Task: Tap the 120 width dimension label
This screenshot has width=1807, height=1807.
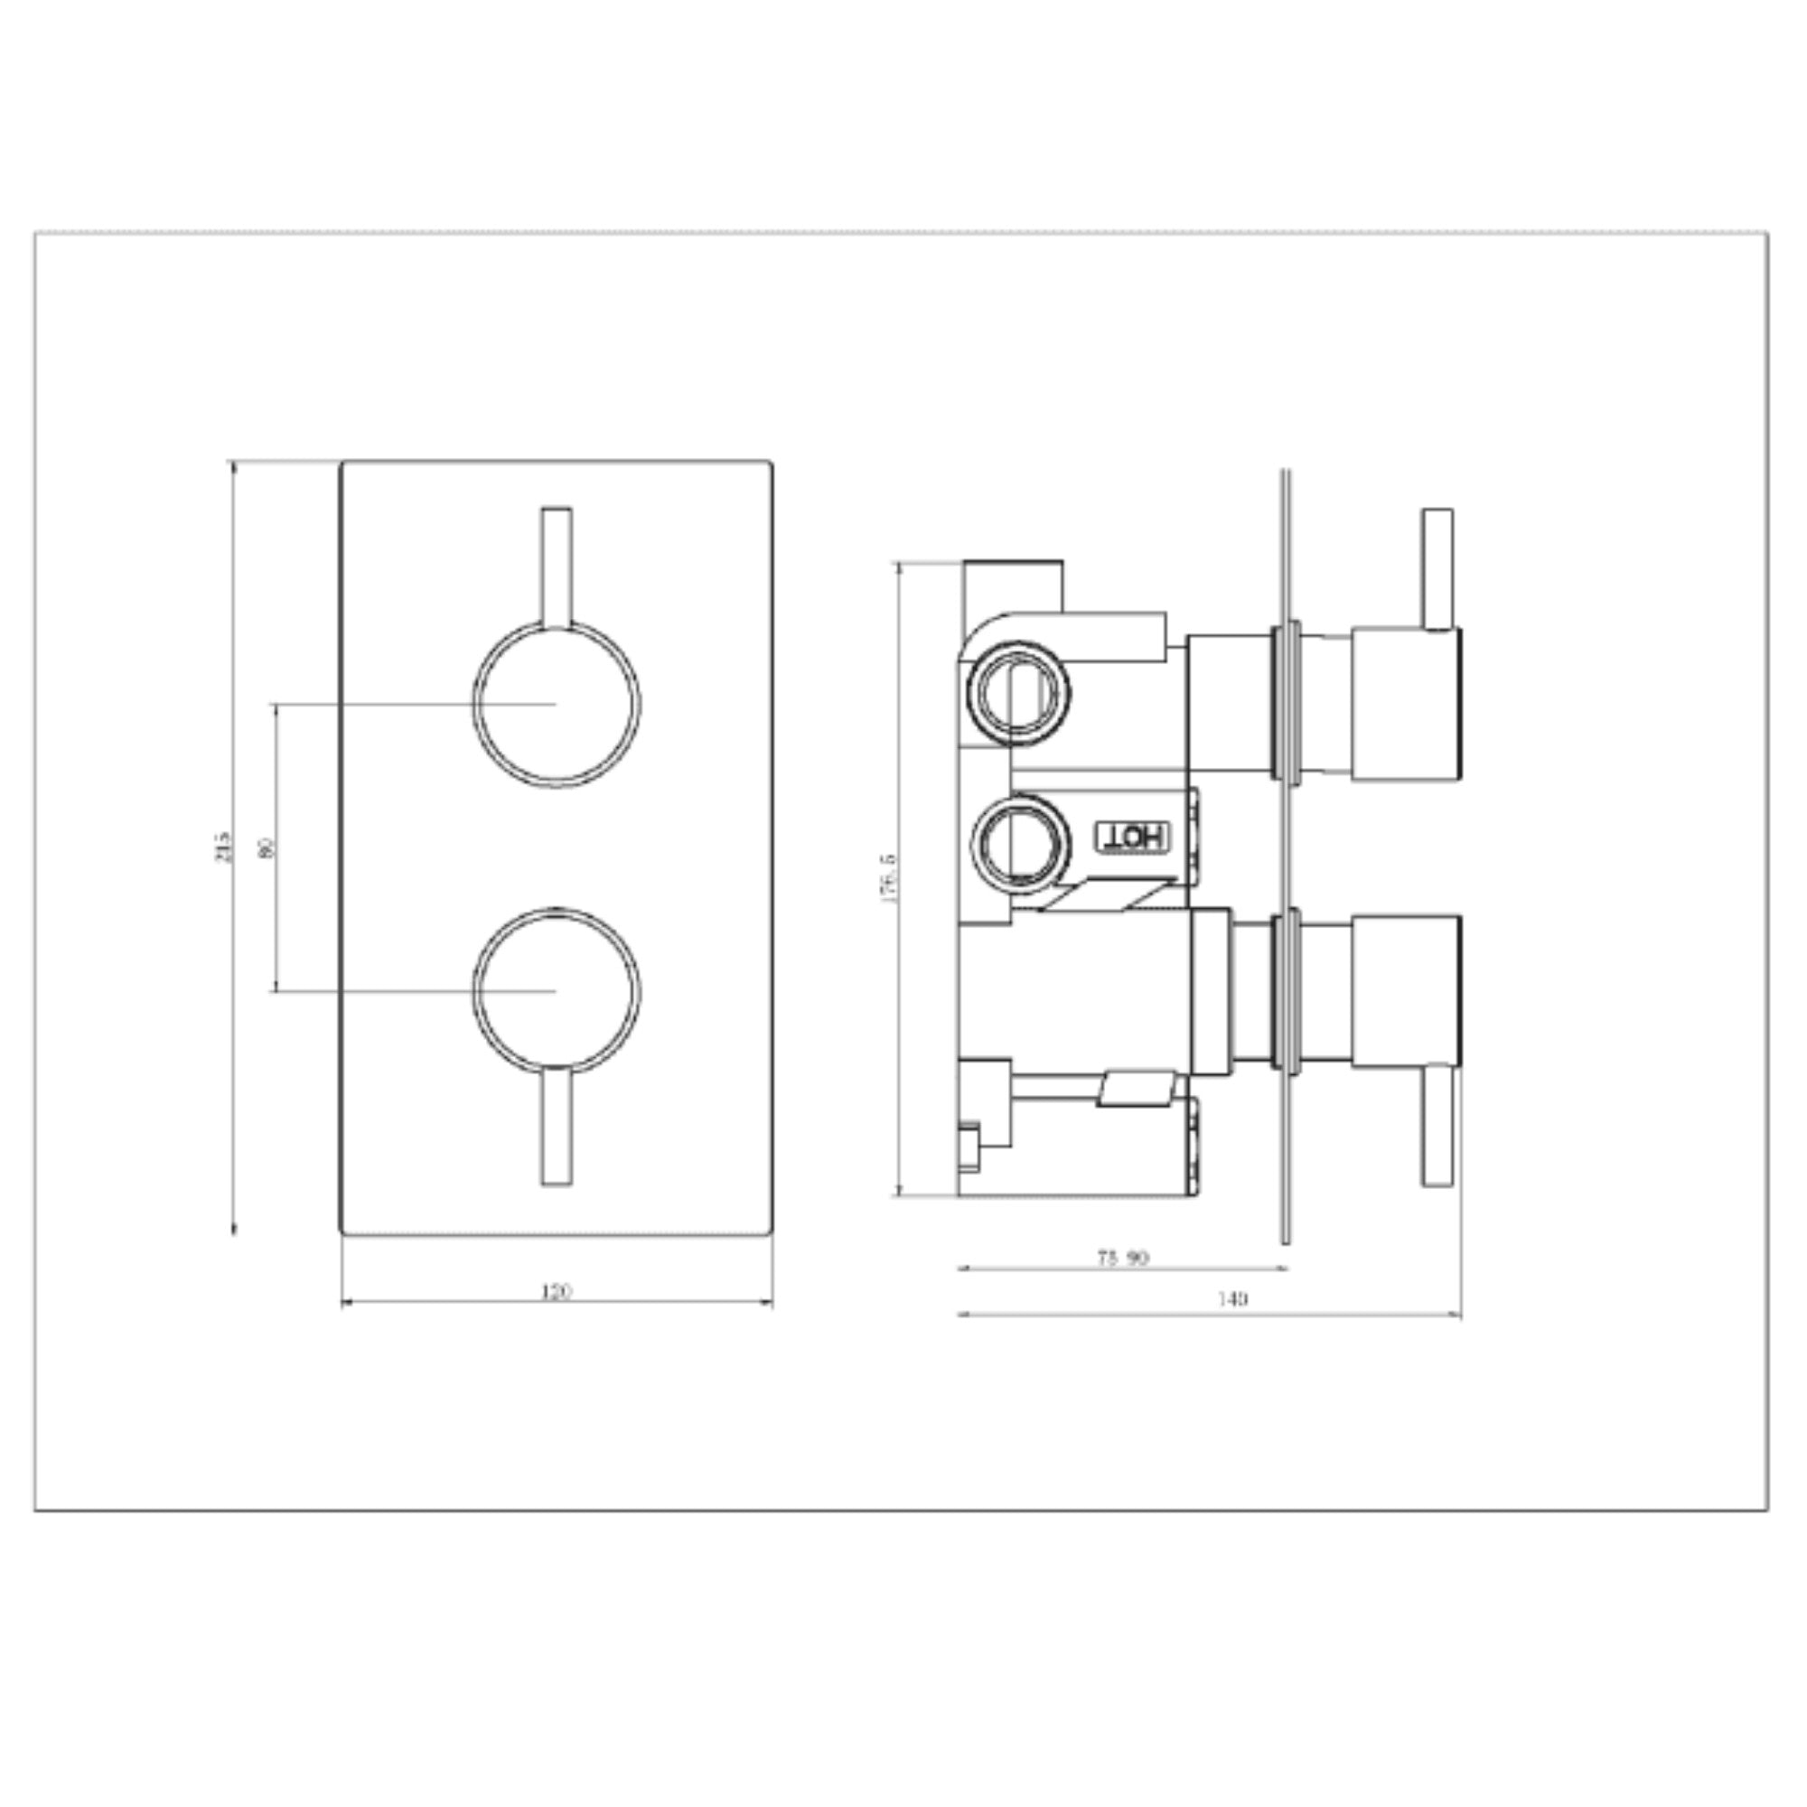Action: tap(557, 1292)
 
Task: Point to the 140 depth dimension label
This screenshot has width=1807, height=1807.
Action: tap(1232, 1299)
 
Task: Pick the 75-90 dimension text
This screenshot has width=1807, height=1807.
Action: tap(1122, 1258)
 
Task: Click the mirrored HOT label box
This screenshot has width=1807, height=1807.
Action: tap(1132, 835)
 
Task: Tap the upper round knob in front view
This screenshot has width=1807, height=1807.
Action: tap(557, 703)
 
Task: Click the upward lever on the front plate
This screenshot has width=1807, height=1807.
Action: tap(557, 566)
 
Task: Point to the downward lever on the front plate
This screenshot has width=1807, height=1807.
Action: tap(557, 1127)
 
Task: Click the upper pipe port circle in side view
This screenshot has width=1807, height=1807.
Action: tap(1019, 692)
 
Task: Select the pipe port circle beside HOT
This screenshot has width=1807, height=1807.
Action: tap(1019, 838)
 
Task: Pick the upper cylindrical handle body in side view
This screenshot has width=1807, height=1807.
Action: tap(1406, 702)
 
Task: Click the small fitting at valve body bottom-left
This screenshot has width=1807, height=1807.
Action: tap(969, 1146)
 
